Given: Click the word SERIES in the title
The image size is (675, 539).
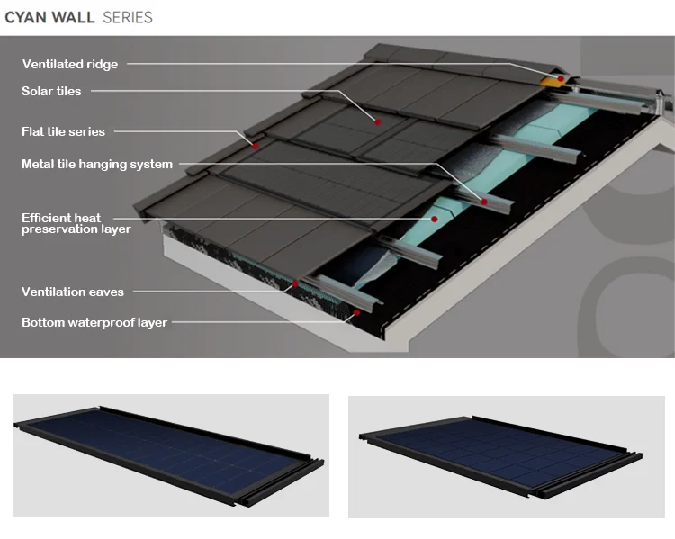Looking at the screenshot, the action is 128,17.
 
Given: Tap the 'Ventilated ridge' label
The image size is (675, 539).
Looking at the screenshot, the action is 69,64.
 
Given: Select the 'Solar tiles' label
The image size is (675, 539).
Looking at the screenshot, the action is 51,91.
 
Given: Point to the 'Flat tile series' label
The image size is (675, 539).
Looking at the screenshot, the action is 63,131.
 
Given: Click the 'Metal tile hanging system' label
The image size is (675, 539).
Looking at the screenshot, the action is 97,165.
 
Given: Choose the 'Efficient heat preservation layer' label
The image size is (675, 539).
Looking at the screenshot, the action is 76,223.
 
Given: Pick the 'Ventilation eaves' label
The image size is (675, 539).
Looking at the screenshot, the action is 73,292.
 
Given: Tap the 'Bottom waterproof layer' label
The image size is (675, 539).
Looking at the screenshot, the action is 94,322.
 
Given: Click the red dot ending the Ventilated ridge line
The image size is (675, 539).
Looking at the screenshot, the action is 560,79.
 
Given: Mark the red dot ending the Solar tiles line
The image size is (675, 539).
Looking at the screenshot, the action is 378,121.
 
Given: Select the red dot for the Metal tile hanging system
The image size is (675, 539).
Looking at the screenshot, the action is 484,201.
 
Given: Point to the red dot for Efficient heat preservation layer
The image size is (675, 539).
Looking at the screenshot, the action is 434,218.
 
